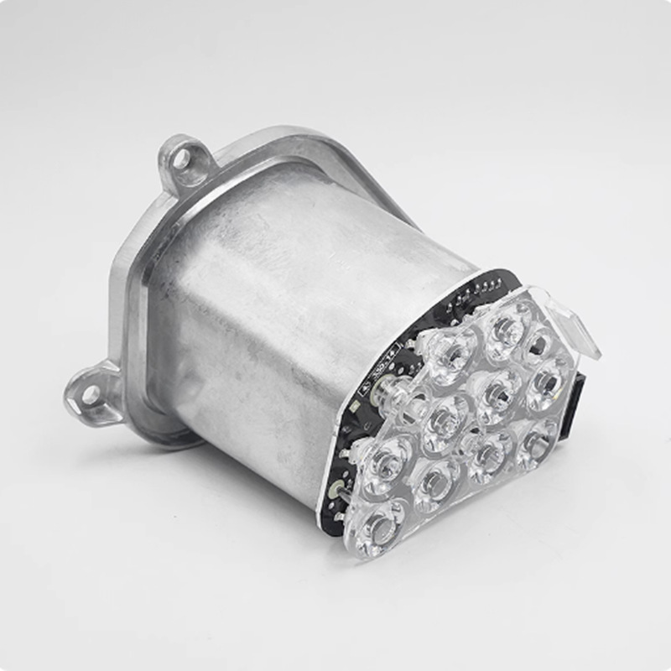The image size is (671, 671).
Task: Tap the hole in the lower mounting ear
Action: click(89, 394)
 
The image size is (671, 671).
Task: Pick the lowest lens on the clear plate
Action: click(382, 528)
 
